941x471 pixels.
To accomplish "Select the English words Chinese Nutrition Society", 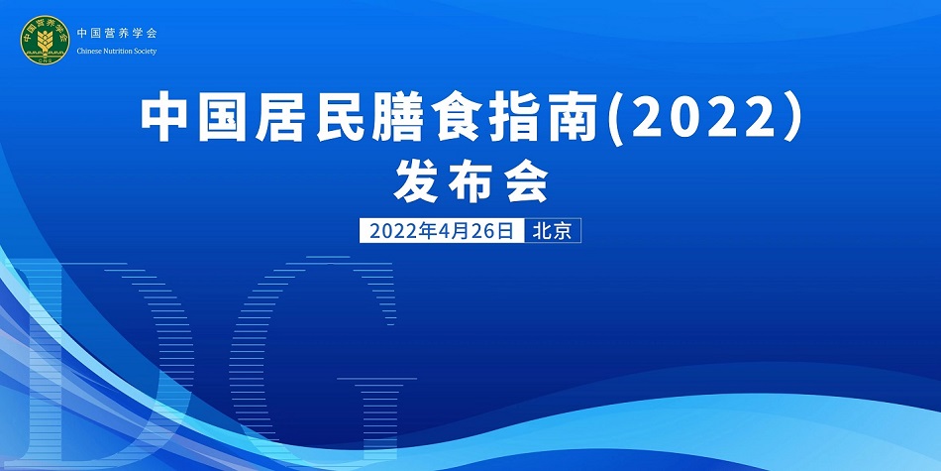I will pos(116,52).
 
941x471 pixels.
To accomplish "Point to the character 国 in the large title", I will pos(229,119).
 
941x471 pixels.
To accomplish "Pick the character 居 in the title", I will pos(291,119).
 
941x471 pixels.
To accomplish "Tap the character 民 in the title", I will pos(352,119).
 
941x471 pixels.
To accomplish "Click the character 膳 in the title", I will pos(413,119).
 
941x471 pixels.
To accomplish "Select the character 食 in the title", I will pos(474,119).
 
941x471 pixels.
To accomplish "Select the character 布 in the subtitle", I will pos(471,182).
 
